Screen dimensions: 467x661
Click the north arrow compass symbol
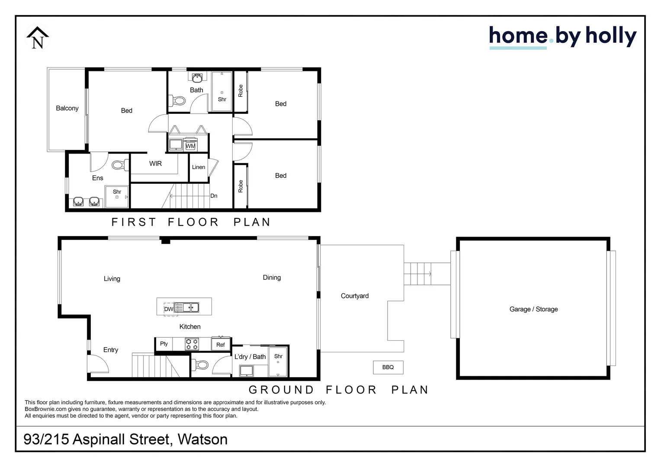[x=38, y=38]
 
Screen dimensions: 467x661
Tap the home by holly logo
[x=562, y=37]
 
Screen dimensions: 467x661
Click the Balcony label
[x=67, y=108]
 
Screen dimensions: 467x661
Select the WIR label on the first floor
[x=155, y=163]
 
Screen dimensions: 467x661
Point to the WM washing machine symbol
[x=190, y=146]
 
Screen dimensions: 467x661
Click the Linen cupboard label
[x=199, y=167]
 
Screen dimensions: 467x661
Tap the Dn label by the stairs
[x=214, y=196]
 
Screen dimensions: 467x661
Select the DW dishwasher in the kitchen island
[x=169, y=309]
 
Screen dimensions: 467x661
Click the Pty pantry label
[x=164, y=344]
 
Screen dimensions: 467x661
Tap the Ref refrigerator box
[x=221, y=345]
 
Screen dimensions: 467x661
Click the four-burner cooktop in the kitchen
[x=192, y=344]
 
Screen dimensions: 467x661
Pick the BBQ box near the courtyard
[x=388, y=367]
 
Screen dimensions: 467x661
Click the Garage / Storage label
[x=533, y=309]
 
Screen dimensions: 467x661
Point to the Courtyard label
[x=355, y=296]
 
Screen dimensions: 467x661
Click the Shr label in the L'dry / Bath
[x=278, y=356]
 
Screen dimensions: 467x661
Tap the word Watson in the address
[x=202, y=439]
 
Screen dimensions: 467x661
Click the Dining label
[x=272, y=278]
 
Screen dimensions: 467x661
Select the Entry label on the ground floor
[x=111, y=350]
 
